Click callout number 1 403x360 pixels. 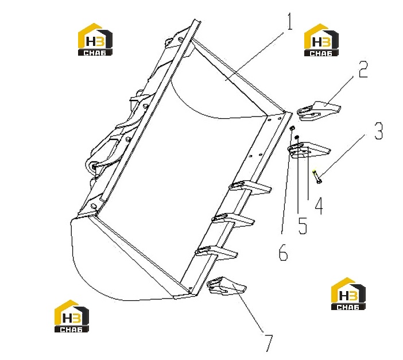pos(290,22)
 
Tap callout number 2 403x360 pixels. pos(363,69)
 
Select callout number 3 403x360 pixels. pos(378,131)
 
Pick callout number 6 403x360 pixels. pos(283,252)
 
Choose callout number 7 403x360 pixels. pos(268,343)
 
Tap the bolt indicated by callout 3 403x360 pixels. pos(317,177)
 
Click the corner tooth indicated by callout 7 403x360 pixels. pos(226,285)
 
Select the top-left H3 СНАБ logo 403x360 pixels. pos(95,40)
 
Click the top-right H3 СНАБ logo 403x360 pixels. pos(321,40)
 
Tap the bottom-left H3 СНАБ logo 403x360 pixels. pos(71,316)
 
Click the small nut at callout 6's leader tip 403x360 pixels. pos(292,128)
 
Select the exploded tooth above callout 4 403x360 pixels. pos(308,150)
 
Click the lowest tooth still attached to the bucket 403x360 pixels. pos(216,251)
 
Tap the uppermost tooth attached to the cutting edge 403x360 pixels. pos(250,187)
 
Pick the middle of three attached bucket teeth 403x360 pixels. pos(234,219)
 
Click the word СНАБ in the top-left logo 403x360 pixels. pos(95,53)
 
